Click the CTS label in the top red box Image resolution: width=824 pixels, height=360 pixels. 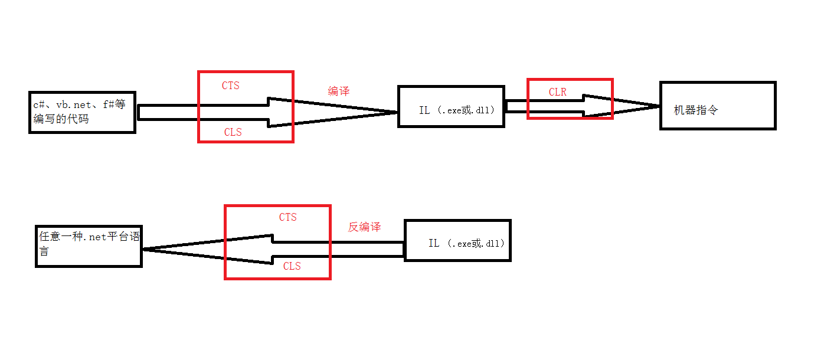tap(231, 86)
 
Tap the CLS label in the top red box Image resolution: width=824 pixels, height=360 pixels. tap(233, 132)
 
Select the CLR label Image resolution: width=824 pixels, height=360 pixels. tap(558, 92)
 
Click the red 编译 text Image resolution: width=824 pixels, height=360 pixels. tap(339, 91)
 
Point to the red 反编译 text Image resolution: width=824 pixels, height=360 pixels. tap(364, 227)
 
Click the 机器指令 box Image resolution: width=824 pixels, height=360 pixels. tap(717, 106)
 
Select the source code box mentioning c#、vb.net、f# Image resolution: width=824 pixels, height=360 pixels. tap(82, 112)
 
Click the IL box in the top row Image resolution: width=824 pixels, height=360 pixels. tap(452, 106)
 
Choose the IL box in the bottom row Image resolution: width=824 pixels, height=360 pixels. tap(457, 240)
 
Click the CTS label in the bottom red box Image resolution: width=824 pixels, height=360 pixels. tap(288, 217)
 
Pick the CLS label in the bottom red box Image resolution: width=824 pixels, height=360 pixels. tap(292, 266)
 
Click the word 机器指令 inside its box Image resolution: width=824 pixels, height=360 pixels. tap(696, 110)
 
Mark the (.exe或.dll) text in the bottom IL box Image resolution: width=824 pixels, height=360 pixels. tap(476, 243)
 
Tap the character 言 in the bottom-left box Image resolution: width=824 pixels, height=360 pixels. tap(44, 251)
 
